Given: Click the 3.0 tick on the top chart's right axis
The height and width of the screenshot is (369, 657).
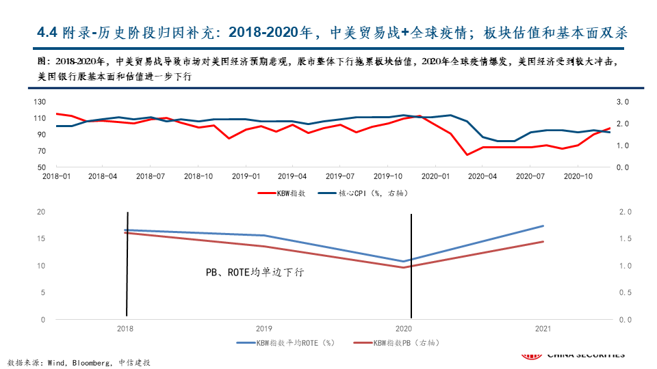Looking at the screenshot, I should click(623, 102).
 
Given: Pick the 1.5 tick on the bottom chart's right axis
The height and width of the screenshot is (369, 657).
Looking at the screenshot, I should click(625, 238).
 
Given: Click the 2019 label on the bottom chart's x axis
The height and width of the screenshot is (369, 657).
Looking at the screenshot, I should click(265, 329).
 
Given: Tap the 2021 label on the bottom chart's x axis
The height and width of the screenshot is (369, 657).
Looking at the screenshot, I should click(543, 329).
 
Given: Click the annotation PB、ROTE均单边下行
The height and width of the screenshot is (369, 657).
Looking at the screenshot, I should click(255, 272).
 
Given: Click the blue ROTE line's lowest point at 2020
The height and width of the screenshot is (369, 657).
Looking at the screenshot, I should click(403, 261).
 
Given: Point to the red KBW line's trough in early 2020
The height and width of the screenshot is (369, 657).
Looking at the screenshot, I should click(467, 154).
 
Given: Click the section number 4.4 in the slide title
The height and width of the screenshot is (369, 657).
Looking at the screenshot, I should click(47, 32).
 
